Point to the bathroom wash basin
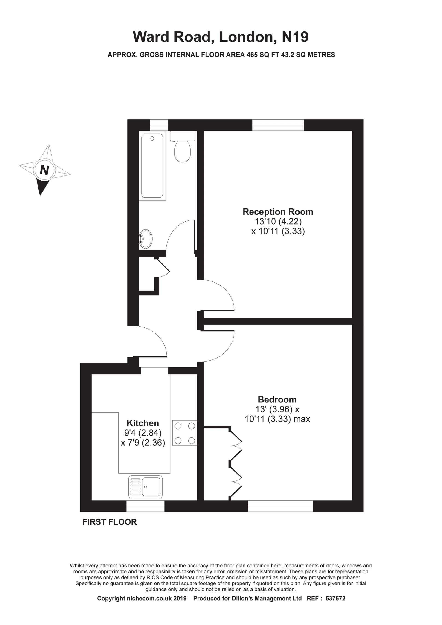146,239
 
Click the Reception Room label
278,212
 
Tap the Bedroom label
277,400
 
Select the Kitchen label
143,423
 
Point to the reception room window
278,125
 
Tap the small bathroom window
159,125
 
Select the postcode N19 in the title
295,37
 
